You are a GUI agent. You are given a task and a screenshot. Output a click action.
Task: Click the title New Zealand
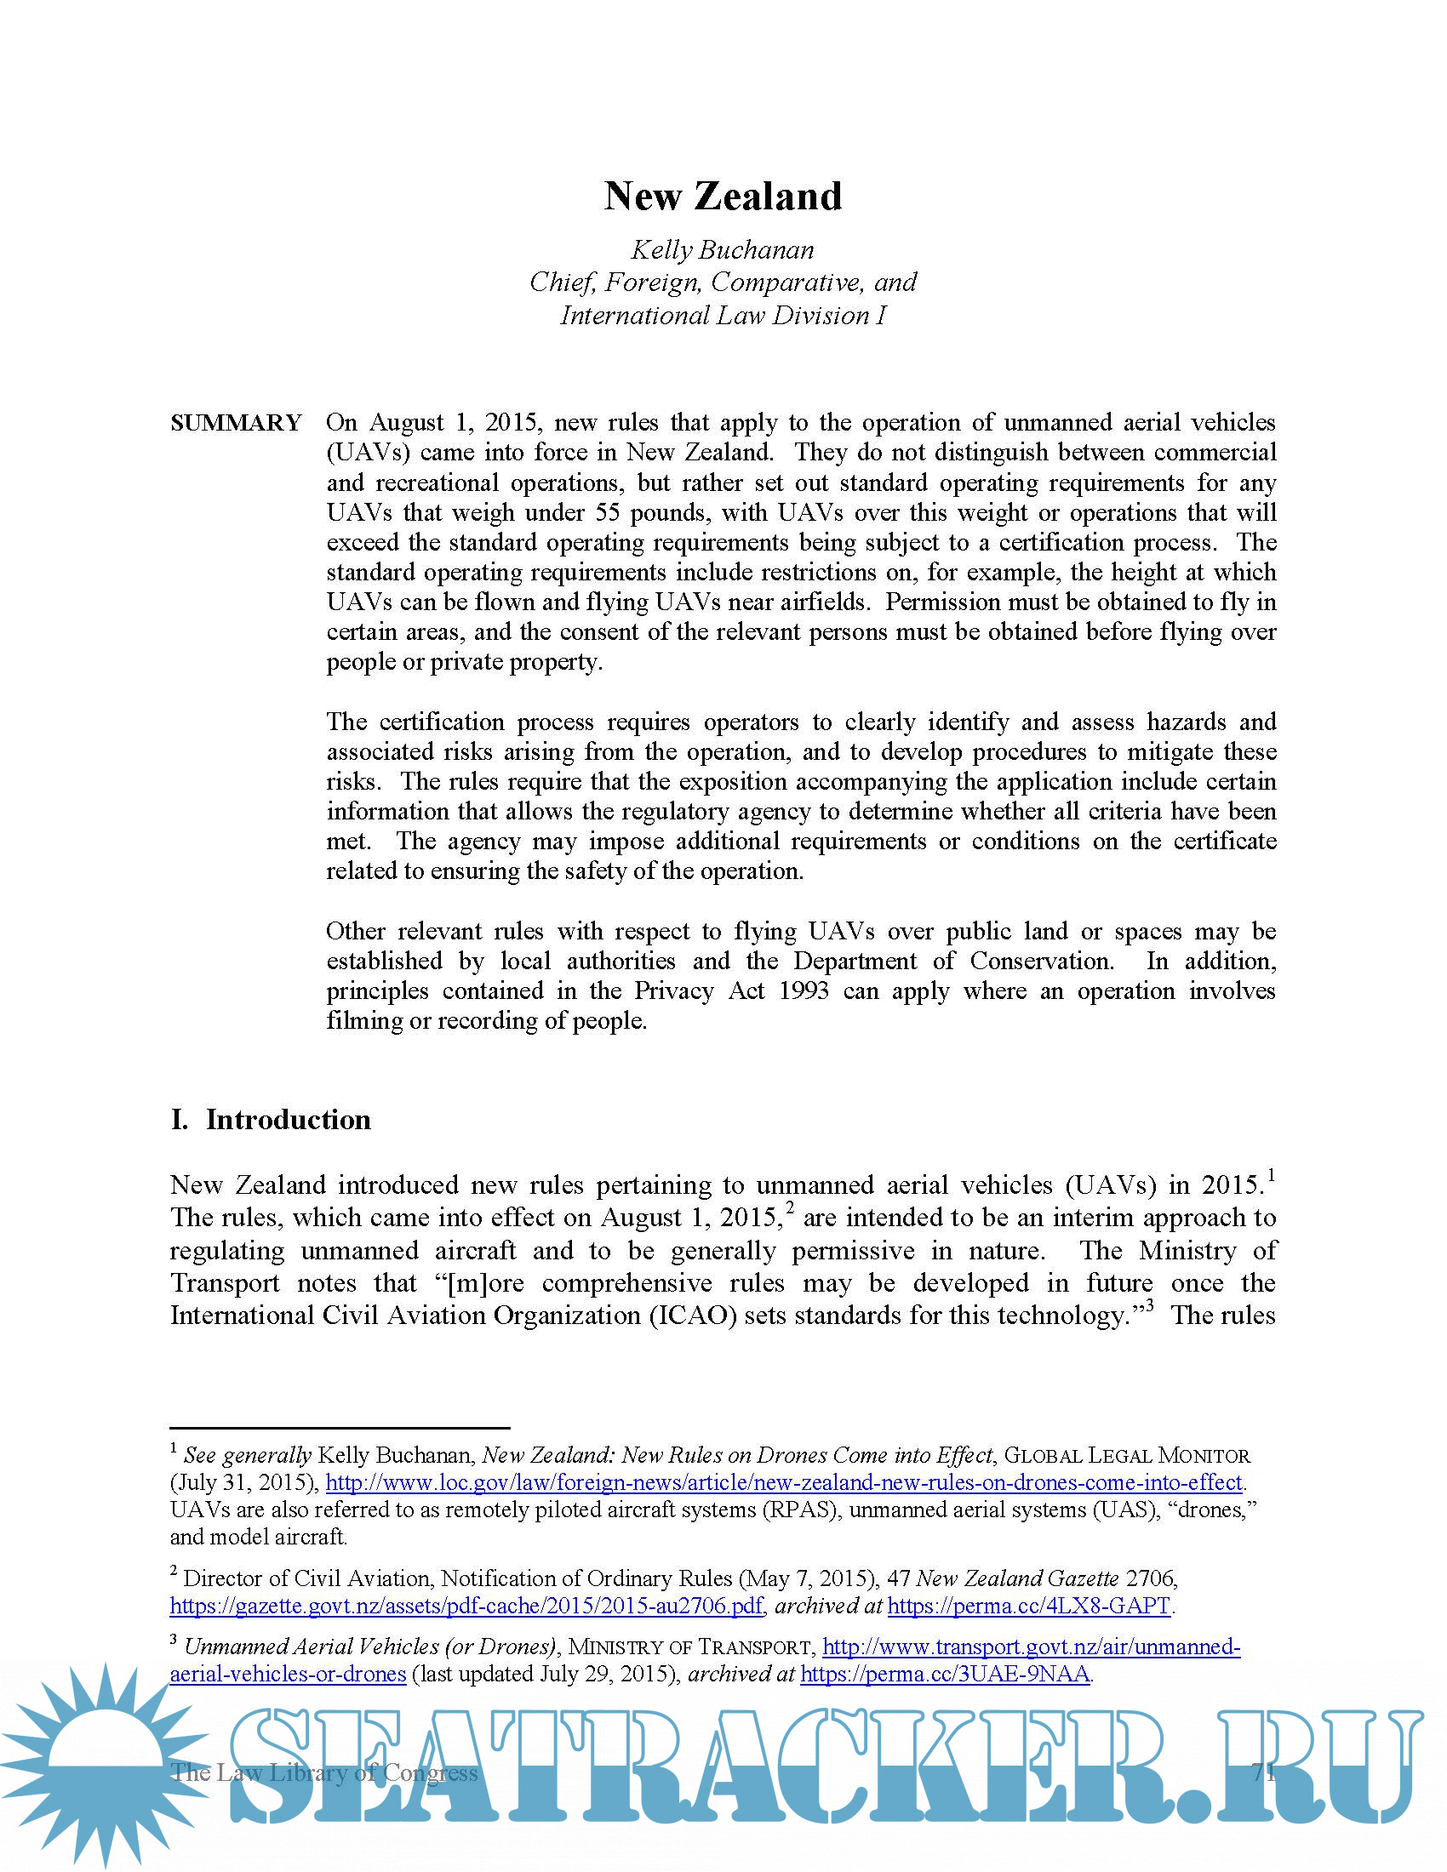tap(723, 197)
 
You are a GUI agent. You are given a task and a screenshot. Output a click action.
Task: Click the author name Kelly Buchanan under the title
tap(723, 250)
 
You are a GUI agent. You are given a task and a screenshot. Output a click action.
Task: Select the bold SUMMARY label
tap(236, 423)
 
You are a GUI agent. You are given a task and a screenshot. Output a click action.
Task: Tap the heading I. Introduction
tap(271, 1120)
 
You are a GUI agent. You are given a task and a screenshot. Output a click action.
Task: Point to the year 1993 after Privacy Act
tap(804, 990)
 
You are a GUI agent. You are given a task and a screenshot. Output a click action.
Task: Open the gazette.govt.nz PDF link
tap(466, 1606)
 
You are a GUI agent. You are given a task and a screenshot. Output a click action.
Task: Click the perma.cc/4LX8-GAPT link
tap(1029, 1606)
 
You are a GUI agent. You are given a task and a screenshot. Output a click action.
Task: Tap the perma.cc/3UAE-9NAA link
tap(945, 1674)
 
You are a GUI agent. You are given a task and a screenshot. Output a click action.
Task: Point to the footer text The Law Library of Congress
tap(324, 1772)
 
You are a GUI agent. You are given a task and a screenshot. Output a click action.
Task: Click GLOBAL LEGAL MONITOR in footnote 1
tap(1126, 1455)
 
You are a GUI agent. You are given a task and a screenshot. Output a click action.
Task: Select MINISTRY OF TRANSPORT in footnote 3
tap(690, 1647)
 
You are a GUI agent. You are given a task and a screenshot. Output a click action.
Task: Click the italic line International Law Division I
tap(723, 316)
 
